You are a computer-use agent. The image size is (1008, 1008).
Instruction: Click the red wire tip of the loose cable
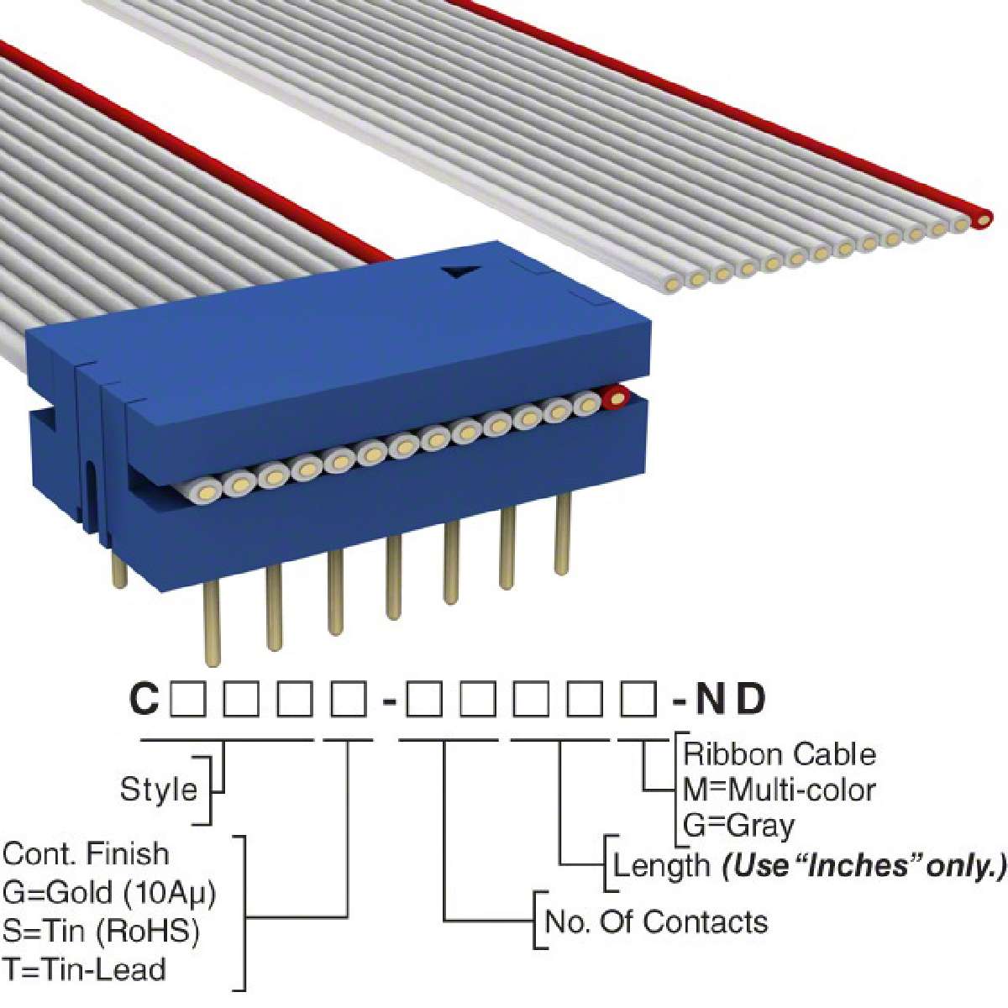click(x=982, y=219)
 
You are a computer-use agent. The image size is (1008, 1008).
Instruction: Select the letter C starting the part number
click(x=144, y=699)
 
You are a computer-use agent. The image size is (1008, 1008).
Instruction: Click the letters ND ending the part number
click(x=731, y=699)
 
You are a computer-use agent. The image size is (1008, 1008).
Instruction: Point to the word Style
click(x=159, y=789)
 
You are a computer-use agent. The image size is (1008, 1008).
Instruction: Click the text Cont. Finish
click(x=86, y=853)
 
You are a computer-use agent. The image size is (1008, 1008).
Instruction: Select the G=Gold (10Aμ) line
click(x=109, y=892)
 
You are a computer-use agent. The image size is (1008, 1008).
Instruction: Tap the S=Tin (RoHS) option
click(x=101, y=931)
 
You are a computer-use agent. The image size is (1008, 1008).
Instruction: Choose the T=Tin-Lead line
click(x=84, y=969)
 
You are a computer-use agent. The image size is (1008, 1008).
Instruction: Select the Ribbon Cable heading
click(x=780, y=753)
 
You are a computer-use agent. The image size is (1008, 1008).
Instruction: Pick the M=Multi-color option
click(x=780, y=790)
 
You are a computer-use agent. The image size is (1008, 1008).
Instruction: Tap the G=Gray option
click(x=739, y=826)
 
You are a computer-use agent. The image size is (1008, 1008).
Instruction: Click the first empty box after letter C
click(x=187, y=699)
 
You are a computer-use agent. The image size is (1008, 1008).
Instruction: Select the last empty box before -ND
click(x=638, y=699)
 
